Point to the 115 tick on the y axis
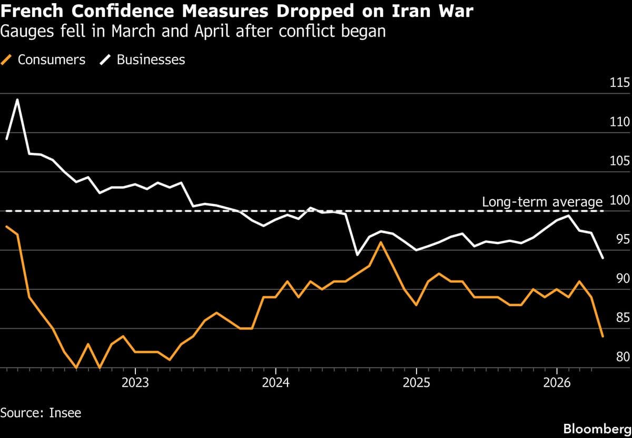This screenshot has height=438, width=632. click(x=619, y=83)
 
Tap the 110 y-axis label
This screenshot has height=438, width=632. click(x=619, y=122)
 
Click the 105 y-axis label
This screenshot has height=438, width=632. click(x=619, y=161)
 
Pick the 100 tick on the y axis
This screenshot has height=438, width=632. click(x=619, y=200)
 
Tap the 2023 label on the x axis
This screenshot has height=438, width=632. click(x=135, y=382)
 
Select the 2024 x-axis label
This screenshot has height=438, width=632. click(x=275, y=382)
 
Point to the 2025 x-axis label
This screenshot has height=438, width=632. click(x=416, y=382)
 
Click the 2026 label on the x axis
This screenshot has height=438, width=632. click(x=557, y=382)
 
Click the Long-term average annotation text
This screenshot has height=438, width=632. click(x=542, y=202)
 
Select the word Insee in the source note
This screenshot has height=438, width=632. click(x=66, y=412)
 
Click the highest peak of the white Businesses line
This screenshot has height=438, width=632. click(x=17, y=99)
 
